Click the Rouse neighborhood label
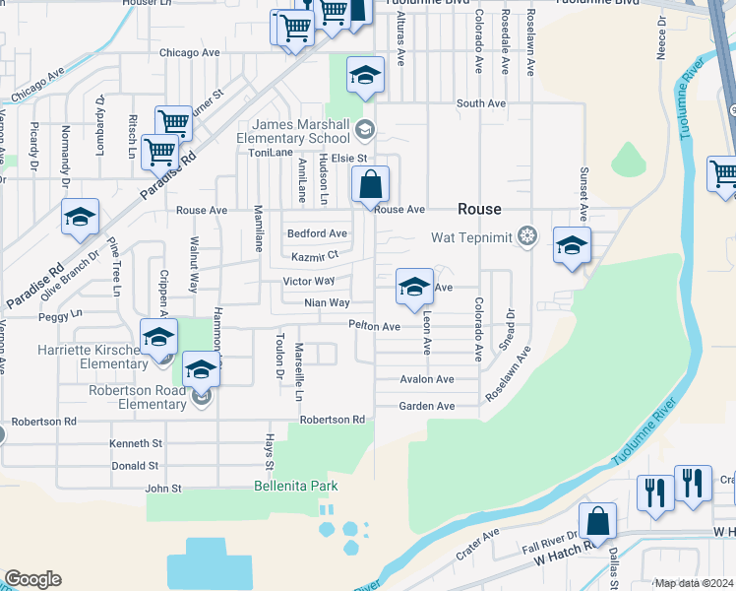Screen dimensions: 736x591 478,209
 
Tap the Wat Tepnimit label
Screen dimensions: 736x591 475,237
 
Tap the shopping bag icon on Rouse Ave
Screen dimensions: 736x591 370,185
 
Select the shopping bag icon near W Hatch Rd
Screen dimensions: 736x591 597,522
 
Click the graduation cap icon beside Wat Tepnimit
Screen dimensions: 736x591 572,246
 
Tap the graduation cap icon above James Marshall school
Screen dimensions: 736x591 365,75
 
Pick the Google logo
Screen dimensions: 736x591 32,579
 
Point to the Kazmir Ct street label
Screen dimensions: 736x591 315,257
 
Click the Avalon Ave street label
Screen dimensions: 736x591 427,379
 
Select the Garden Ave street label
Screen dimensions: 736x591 427,406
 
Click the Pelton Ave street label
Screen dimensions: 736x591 374,326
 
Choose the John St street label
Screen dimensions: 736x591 163,488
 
